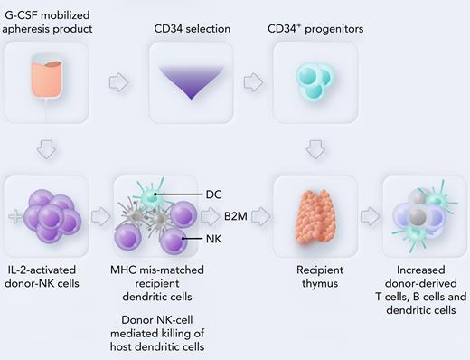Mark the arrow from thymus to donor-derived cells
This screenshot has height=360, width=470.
368,216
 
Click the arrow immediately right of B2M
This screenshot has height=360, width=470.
262,216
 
